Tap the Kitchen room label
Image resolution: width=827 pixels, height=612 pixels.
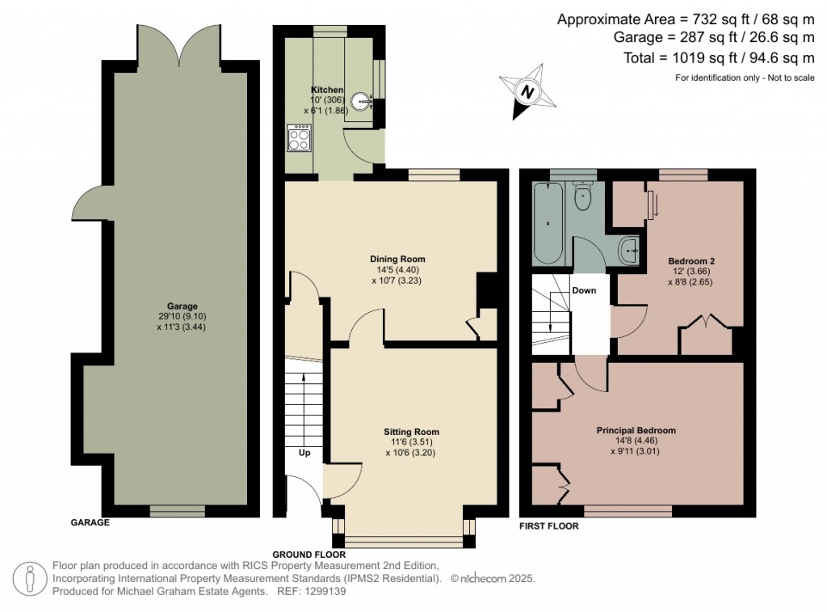[x=328, y=90]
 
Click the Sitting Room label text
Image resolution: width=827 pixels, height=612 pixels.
[x=412, y=432]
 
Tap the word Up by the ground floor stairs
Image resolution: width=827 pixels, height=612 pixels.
[x=304, y=453]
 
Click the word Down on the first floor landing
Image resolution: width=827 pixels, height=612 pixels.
[x=584, y=290]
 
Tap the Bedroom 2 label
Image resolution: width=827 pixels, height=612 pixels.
[x=691, y=261]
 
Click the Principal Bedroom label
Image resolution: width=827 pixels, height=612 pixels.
[x=636, y=430]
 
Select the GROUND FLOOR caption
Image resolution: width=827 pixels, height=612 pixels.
[x=309, y=555]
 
